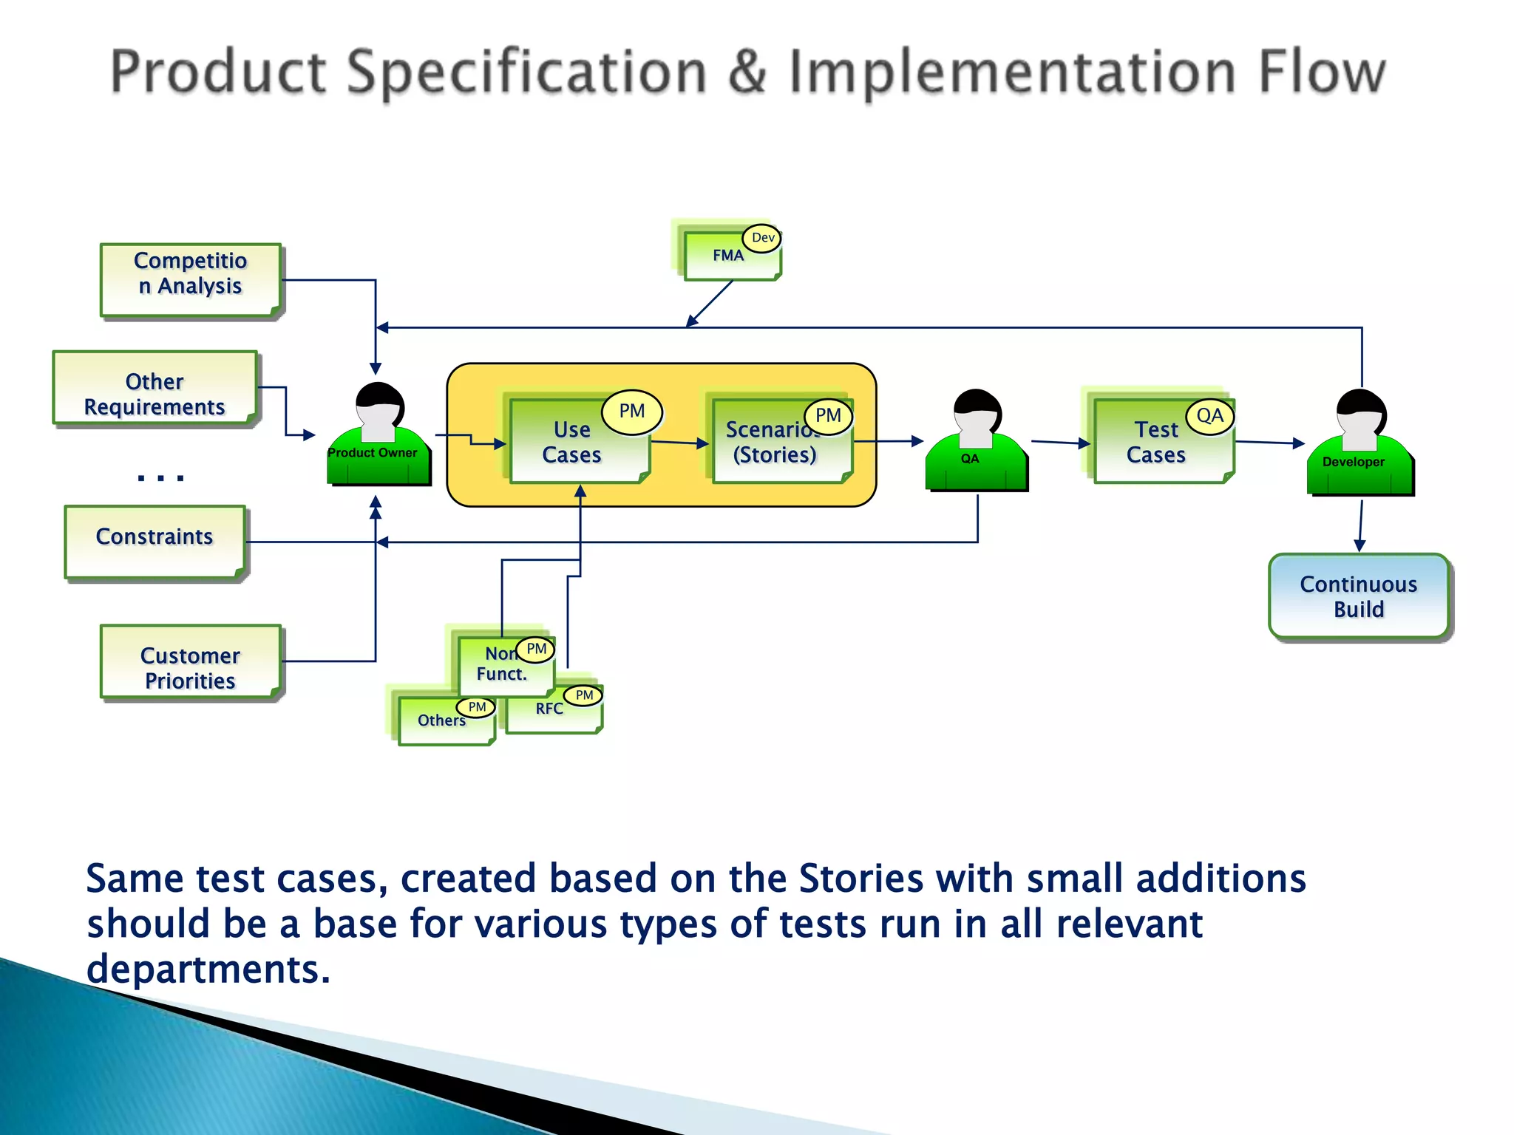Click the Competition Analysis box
click(x=191, y=280)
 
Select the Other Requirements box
click(x=155, y=388)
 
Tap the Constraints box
click(x=155, y=542)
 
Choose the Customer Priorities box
click(x=191, y=662)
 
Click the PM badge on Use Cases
click(x=631, y=412)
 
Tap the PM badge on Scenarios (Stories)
click(x=828, y=416)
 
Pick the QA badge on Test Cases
click(x=1209, y=417)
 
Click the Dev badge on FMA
click(x=762, y=238)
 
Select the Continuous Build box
click(x=1359, y=596)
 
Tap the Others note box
click(x=442, y=723)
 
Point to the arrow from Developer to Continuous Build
click(x=1360, y=525)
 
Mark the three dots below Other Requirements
click(x=160, y=477)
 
